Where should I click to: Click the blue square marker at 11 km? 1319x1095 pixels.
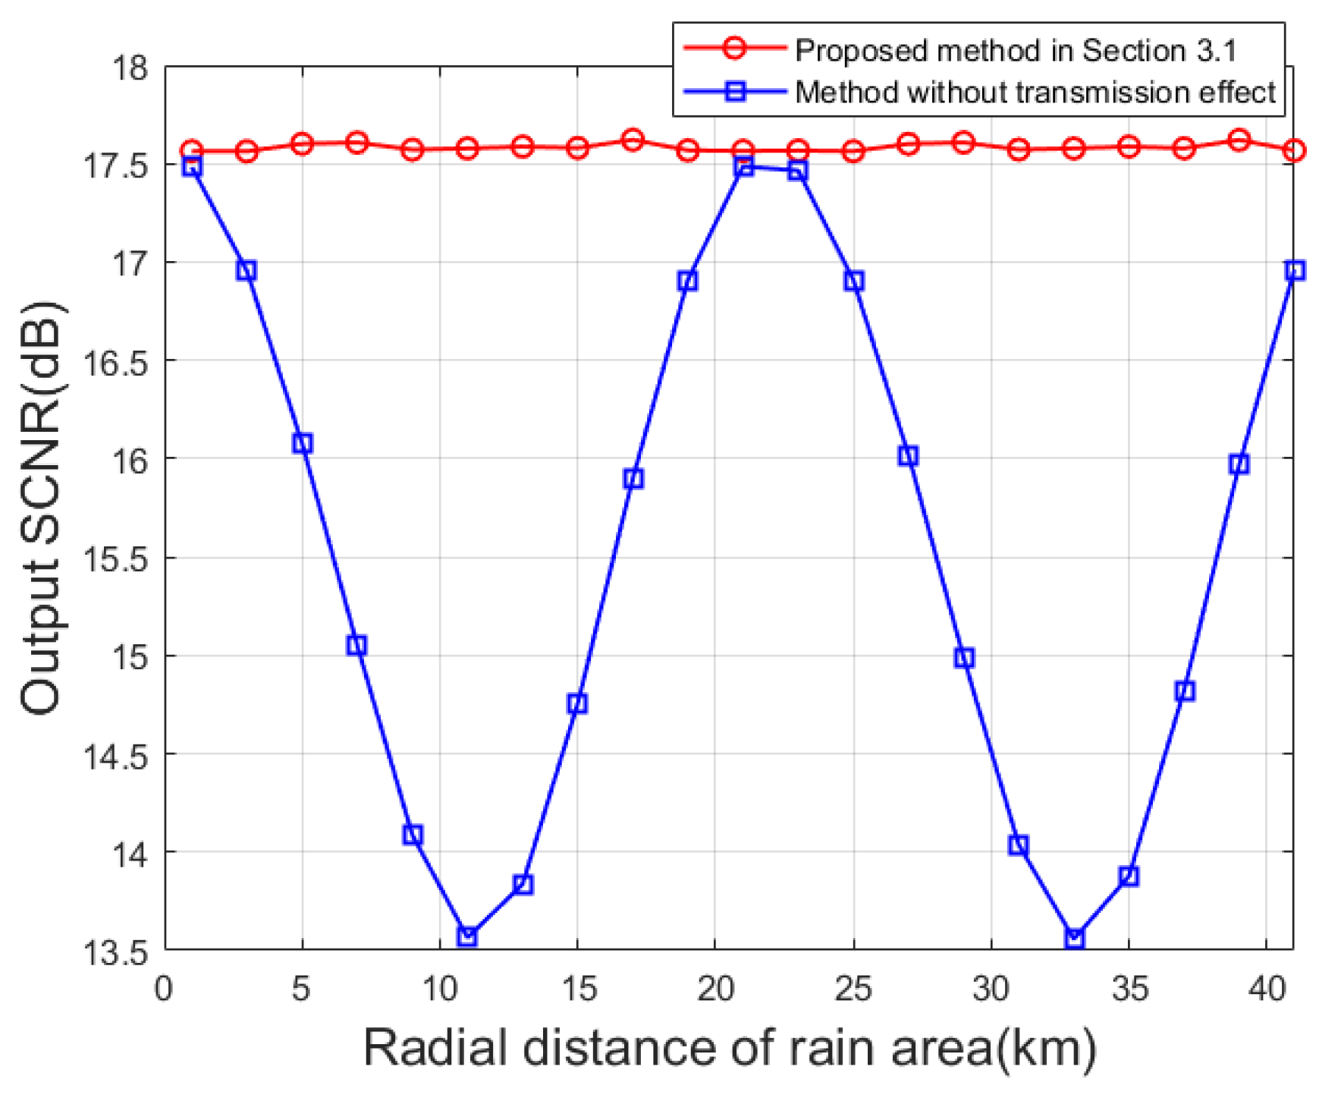[468, 936]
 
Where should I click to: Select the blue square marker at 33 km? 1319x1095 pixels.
[1074, 939]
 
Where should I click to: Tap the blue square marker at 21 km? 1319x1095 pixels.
[744, 166]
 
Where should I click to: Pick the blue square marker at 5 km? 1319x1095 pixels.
[303, 443]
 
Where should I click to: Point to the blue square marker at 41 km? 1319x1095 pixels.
[1295, 270]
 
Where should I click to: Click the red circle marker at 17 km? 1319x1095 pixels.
[633, 140]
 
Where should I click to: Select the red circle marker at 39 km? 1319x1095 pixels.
[1239, 140]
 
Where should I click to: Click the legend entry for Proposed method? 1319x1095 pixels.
[1015, 51]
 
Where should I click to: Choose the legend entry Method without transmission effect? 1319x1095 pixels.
[1035, 93]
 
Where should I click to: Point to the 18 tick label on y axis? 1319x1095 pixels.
[129, 68]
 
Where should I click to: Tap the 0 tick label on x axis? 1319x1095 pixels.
[165, 989]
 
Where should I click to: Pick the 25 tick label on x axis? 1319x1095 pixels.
[853, 989]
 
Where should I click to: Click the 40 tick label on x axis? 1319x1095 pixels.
[1267, 989]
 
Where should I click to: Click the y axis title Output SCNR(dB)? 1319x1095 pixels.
[42, 508]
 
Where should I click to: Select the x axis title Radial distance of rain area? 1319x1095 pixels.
[730, 1048]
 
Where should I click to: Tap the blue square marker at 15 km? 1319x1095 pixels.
[578, 703]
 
